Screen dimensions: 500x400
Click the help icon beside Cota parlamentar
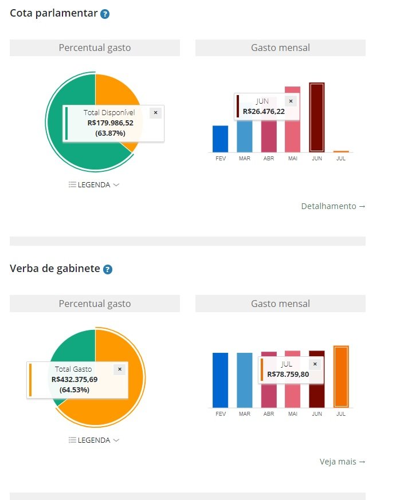[x=105, y=14]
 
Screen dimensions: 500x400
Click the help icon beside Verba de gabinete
[x=108, y=269]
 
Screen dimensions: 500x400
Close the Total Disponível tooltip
[x=155, y=113]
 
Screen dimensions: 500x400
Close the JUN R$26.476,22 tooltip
[x=291, y=101]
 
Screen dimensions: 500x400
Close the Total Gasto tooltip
[x=119, y=369]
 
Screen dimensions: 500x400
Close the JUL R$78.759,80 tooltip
[x=315, y=364]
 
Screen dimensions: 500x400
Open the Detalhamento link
[x=333, y=206]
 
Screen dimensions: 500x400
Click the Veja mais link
[x=342, y=462]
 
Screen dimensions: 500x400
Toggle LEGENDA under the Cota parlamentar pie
[x=94, y=185]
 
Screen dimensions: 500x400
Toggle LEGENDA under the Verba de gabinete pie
[x=94, y=440]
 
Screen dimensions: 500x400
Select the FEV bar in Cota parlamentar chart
[x=220, y=139]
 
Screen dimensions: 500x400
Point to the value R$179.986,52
[x=111, y=123]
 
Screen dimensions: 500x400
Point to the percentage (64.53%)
[x=74, y=389]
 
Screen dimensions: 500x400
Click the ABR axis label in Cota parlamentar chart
[x=268, y=158]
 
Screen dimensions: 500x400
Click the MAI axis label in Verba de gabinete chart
[x=292, y=414]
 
